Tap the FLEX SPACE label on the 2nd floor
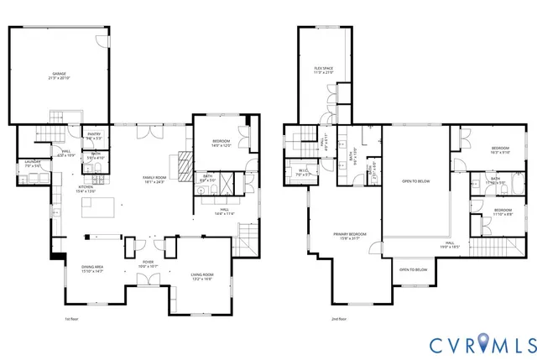pos(324,70)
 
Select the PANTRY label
pos(94,134)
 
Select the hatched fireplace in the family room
pos(184,159)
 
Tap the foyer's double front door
pos(147,279)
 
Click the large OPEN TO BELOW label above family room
pos(417,180)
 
